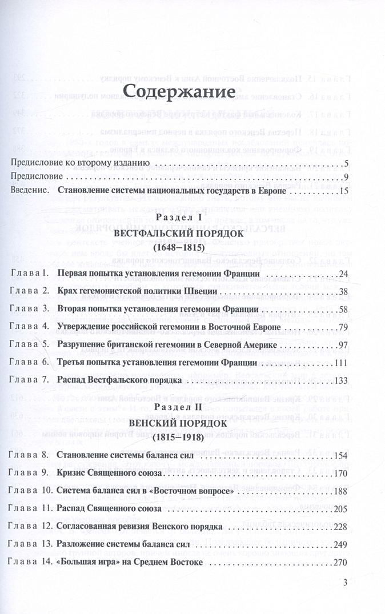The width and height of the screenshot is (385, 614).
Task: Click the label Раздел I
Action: pos(180,219)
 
